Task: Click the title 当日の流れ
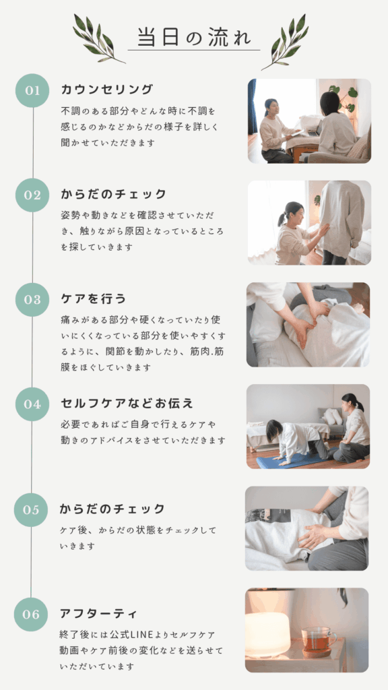tap(194, 37)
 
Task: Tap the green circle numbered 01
tap(32, 90)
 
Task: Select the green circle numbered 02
tap(32, 195)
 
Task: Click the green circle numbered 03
tap(32, 300)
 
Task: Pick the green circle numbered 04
tap(32, 404)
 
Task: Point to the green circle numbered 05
tap(31, 510)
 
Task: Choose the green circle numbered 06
tap(31, 615)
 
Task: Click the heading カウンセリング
tap(107, 90)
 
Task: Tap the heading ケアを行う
tap(93, 299)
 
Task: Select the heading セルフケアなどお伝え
tap(127, 404)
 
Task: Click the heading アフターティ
tap(98, 613)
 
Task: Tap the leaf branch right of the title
tap(285, 42)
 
